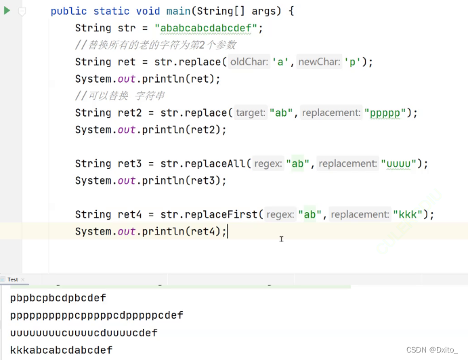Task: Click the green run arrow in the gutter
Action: [7, 11]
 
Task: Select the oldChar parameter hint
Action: [250, 62]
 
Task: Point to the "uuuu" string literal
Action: [402, 163]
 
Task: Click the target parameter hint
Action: [251, 113]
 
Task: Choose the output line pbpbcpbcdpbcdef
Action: [58, 298]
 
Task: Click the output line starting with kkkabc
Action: [61, 350]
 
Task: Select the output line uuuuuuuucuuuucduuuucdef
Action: [83, 332]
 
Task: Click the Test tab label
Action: [12, 279]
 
